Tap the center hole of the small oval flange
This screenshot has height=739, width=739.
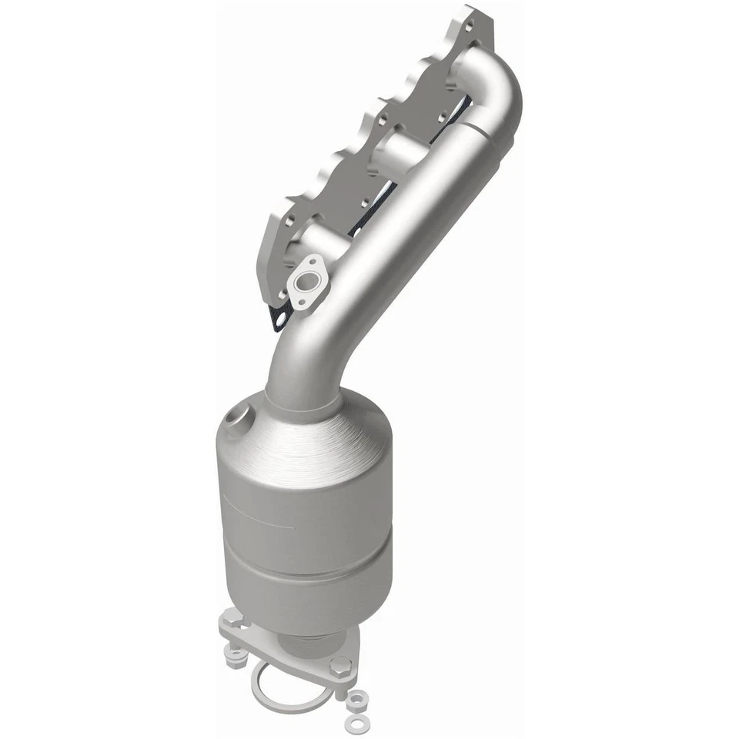[x=310, y=283]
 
